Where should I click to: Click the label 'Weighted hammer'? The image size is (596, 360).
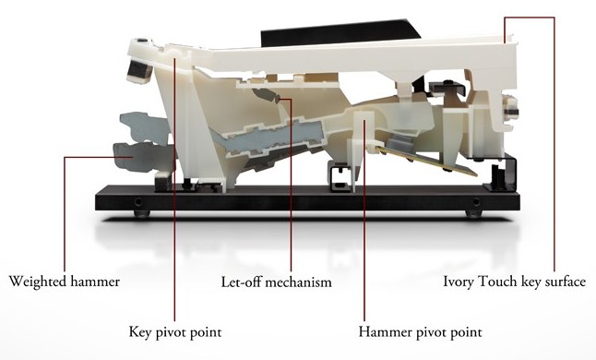pos(65,282)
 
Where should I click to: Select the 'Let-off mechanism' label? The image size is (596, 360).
pos(277,282)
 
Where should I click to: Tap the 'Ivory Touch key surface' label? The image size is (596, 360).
pos(514,282)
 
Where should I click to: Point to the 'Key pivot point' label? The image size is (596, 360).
pos(175,332)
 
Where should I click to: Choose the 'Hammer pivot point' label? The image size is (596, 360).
pos(420,332)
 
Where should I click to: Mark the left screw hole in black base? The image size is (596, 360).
pos(138,201)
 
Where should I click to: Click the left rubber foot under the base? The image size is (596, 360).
pos(141,213)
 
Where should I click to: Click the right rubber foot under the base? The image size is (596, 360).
pos(473,213)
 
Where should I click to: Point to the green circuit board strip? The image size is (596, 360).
pos(427,160)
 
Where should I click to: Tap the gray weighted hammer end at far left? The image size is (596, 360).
pos(138,157)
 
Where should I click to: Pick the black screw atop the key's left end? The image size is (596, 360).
pos(142,40)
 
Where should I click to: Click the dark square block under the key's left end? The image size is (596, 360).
pos(138,71)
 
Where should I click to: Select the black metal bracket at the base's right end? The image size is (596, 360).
pos(500,173)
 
